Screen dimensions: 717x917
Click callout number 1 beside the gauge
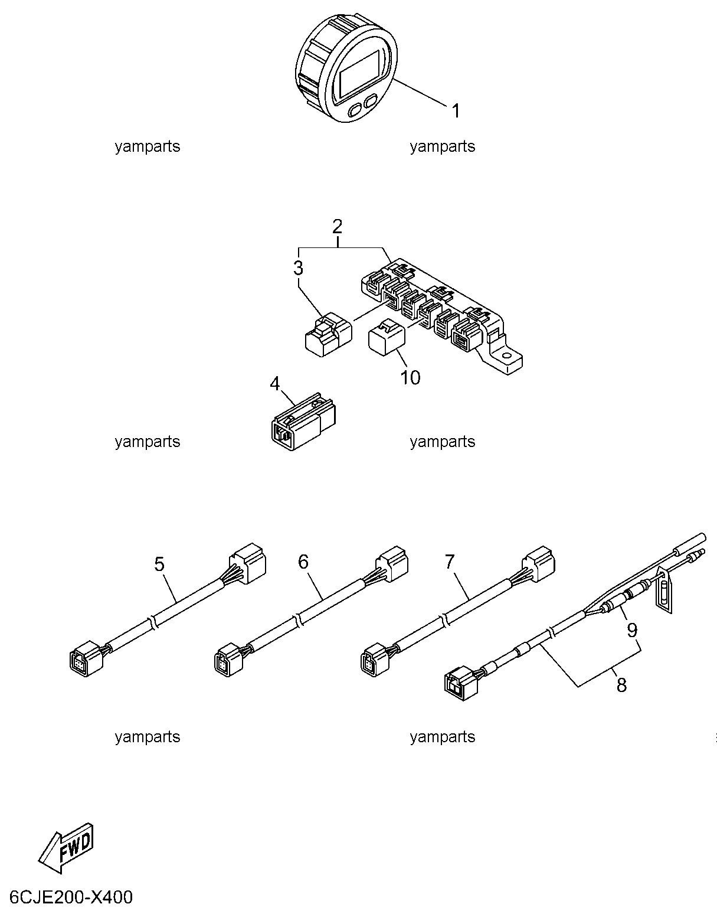pyautogui.click(x=456, y=111)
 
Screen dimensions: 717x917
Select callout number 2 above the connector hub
pyautogui.click(x=337, y=227)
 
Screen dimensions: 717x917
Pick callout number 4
pyautogui.click(x=275, y=384)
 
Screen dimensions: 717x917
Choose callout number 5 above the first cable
pyautogui.click(x=159, y=564)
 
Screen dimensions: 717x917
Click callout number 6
pyautogui.click(x=303, y=562)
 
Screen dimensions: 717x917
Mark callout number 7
pyautogui.click(x=450, y=562)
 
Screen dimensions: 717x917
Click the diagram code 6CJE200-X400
pyautogui.click(x=71, y=897)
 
